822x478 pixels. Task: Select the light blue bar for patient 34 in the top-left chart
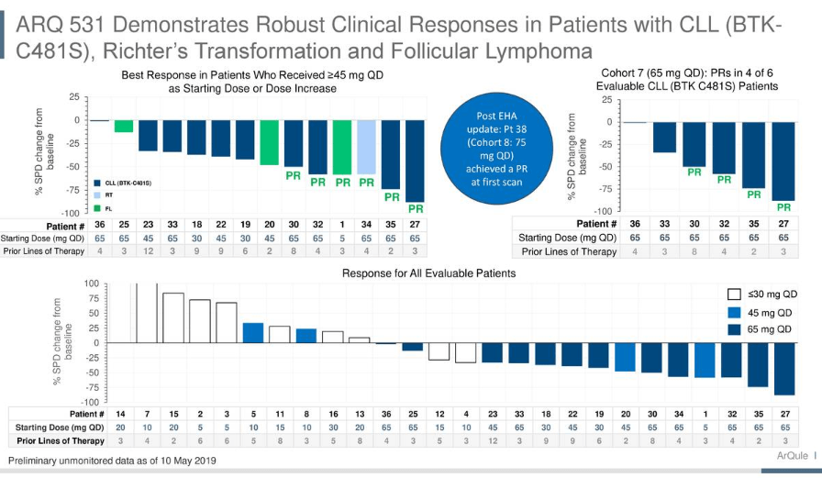click(x=366, y=148)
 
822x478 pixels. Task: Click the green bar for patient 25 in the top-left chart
click(x=123, y=127)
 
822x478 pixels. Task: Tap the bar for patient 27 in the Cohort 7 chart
click(x=783, y=161)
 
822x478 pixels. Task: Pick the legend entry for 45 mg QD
click(x=761, y=311)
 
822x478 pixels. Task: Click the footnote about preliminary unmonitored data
click(x=112, y=460)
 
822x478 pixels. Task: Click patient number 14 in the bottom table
click(x=120, y=414)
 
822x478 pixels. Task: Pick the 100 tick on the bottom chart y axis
click(x=92, y=283)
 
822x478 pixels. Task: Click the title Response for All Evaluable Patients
click(x=428, y=273)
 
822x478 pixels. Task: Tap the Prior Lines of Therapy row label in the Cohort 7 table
click(x=569, y=251)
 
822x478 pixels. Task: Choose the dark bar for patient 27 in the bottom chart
click(x=785, y=369)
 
